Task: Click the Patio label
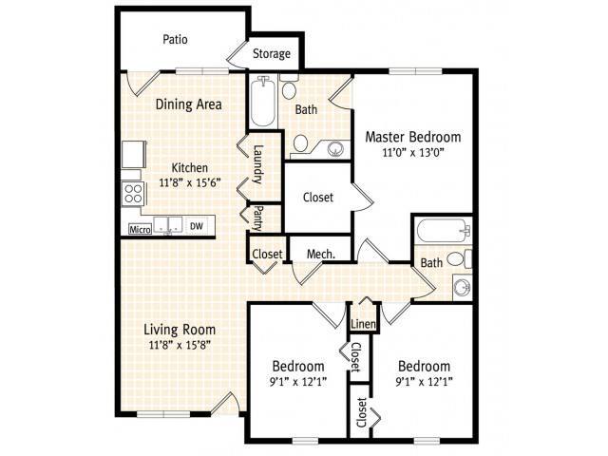tap(174, 40)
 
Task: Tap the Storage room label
tap(271, 54)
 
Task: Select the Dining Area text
tap(187, 104)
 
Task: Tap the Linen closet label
tap(363, 325)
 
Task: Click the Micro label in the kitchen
tap(140, 228)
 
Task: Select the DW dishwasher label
tap(197, 226)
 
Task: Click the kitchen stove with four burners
tap(134, 195)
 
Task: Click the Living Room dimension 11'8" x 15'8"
tap(177, 345)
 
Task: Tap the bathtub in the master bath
tap(263, 102)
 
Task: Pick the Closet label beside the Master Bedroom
tap(317, 198)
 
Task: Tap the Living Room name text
tap(177, 330)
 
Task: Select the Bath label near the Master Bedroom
tap(306, 110)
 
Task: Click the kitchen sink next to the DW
tap(168, 226)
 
